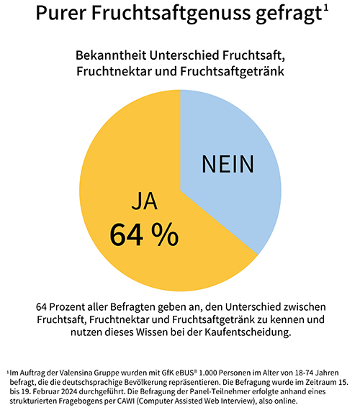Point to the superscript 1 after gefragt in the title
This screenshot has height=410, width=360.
coord(327,9)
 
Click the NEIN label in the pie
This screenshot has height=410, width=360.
coord(228,164)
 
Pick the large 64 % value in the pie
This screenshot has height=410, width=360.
coord(144,234)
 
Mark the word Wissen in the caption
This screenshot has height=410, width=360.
coord(149,332)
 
